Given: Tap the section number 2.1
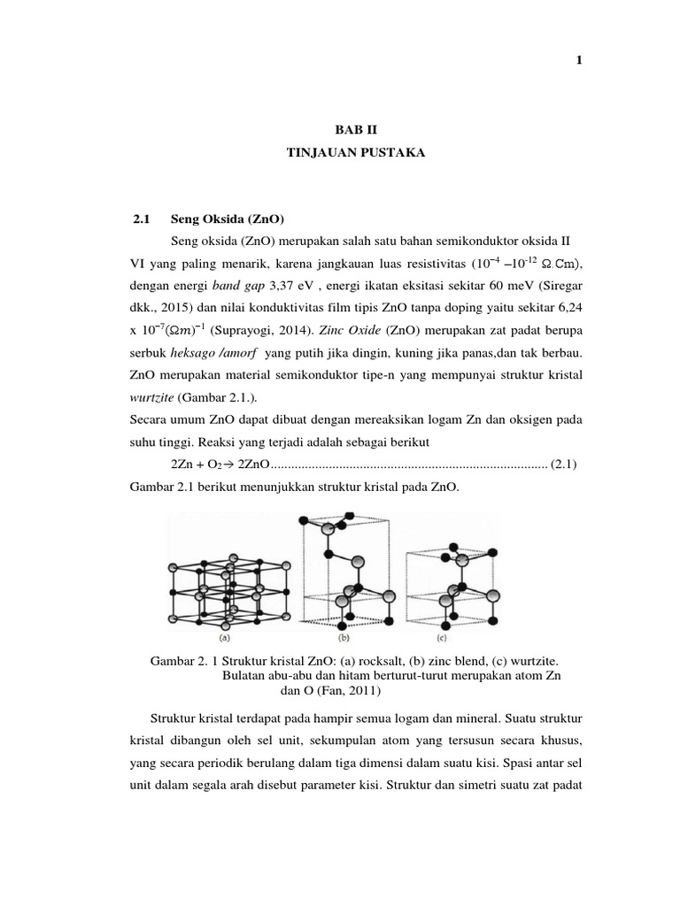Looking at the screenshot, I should coord(143,219).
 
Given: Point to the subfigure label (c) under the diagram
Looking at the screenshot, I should coord(441,635).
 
